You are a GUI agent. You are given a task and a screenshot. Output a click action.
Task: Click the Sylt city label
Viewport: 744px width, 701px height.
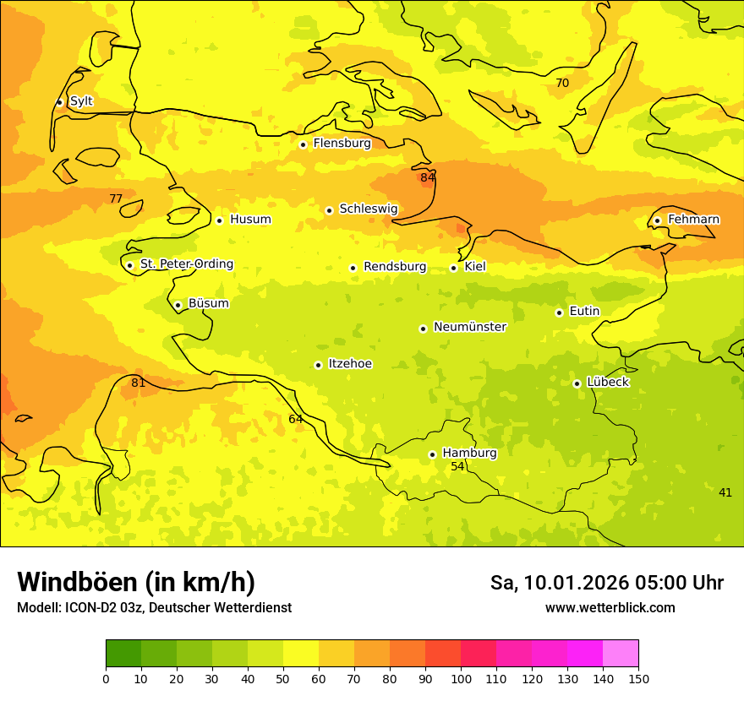[x=81, y=101]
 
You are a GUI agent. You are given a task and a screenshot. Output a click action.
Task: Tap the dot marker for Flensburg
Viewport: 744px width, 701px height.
[x=303, y=144]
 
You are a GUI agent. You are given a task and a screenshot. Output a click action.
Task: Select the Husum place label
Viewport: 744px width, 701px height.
[x=250, y=220]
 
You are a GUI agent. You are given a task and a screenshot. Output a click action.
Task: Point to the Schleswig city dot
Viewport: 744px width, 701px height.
[x=329, y=210]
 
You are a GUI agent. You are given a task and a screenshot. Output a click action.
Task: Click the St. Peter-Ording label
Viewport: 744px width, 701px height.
[x=187, y=264]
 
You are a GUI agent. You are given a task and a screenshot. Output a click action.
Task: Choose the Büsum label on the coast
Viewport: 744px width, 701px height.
[x=208, y=303]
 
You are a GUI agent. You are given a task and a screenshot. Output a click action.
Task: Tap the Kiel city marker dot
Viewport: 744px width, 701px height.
[x=453, y=268]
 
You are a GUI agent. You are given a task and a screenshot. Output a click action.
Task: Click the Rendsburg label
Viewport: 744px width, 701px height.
[x=395, y=267]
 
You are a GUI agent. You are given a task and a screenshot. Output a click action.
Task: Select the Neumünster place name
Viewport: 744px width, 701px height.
[x=470, y=327]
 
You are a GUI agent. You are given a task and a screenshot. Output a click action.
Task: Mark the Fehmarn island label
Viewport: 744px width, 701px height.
[x=693, y=220]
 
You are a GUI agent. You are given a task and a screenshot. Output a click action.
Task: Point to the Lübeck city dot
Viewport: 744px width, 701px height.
[x=577, y=383]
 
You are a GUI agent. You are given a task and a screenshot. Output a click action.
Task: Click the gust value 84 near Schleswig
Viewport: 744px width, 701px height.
[x=428, y=177]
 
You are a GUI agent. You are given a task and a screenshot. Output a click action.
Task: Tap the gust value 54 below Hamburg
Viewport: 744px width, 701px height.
[x=457, y=467]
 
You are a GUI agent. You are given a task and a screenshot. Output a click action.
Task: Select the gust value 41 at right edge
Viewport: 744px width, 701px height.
[x=725, y=492]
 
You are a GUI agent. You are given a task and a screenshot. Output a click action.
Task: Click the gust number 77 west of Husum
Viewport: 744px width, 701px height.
[x=116, y=199]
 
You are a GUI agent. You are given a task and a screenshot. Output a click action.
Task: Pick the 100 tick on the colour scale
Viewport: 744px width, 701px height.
[x=461, y=678]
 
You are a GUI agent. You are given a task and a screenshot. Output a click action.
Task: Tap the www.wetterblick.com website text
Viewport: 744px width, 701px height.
[x=610, y=608]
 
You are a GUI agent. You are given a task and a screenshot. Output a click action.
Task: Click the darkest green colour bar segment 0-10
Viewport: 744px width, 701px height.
[x=123, y=654]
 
